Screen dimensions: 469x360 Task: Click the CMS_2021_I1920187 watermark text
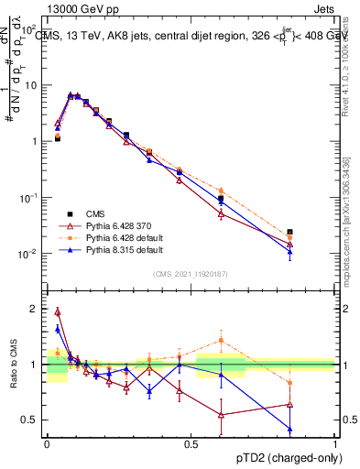191,273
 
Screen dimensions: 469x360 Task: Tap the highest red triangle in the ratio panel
58,311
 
